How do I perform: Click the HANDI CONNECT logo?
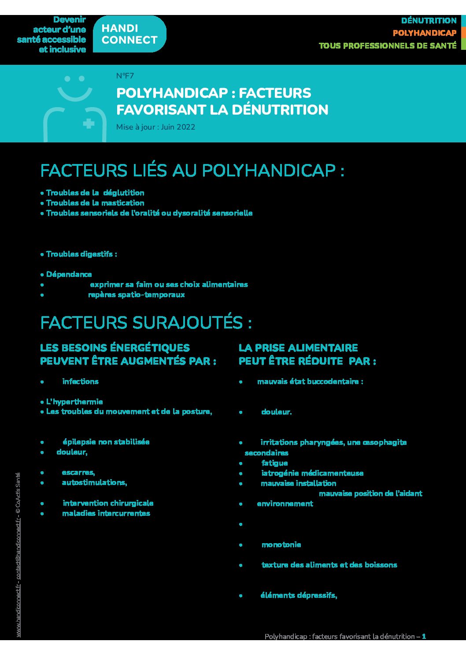click(129, 34)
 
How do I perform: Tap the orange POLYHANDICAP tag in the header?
click(424, 33)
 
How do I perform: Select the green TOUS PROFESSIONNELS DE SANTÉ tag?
click(388, 45)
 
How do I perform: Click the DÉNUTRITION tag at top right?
click(429, 21)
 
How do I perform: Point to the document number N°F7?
click(125, 76)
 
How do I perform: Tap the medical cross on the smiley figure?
click(89, 123)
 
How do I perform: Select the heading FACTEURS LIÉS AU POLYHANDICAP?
click(192, 171)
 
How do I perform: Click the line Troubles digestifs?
click(81, 254)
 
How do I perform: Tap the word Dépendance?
click(69, 274)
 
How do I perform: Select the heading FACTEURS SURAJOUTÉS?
click(146, 323)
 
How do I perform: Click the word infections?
click(80, 381)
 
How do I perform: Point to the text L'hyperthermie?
click(74, 402)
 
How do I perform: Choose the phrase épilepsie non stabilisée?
click(106, 442)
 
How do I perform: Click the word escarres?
click(78, 472)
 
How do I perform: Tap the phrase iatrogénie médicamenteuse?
click(312, 473)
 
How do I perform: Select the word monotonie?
click(281, 544)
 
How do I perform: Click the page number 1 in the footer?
click(424, 636)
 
